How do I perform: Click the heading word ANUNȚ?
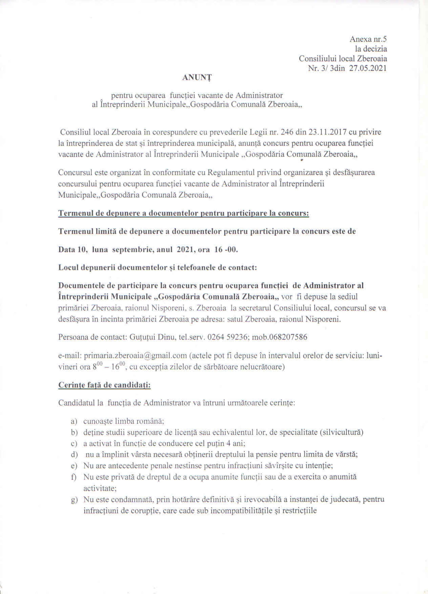click(197, 78)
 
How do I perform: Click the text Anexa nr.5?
click(368, 39)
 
